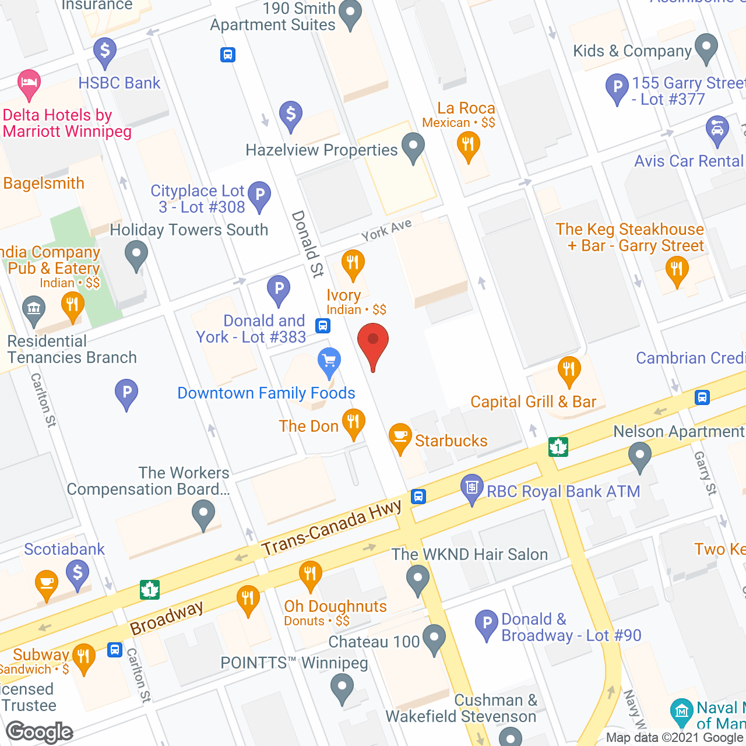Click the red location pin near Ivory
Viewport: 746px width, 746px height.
coord(372,344)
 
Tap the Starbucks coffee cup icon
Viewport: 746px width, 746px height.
coord(400,438)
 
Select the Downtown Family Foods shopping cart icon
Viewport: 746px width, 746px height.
coord(329,362)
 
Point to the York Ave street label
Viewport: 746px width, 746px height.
coord(386,230)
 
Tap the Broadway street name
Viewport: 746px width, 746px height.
coord(167,618)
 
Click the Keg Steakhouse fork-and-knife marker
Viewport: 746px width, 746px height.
coord(677,270)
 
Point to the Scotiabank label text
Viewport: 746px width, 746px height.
coord(64,549)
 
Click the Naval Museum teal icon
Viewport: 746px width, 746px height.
coord(681,710)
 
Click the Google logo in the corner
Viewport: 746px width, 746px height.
coord(40,732)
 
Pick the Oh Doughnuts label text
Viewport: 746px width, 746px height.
coord(335,606)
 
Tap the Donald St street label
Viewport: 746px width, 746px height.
coord(307,244)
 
